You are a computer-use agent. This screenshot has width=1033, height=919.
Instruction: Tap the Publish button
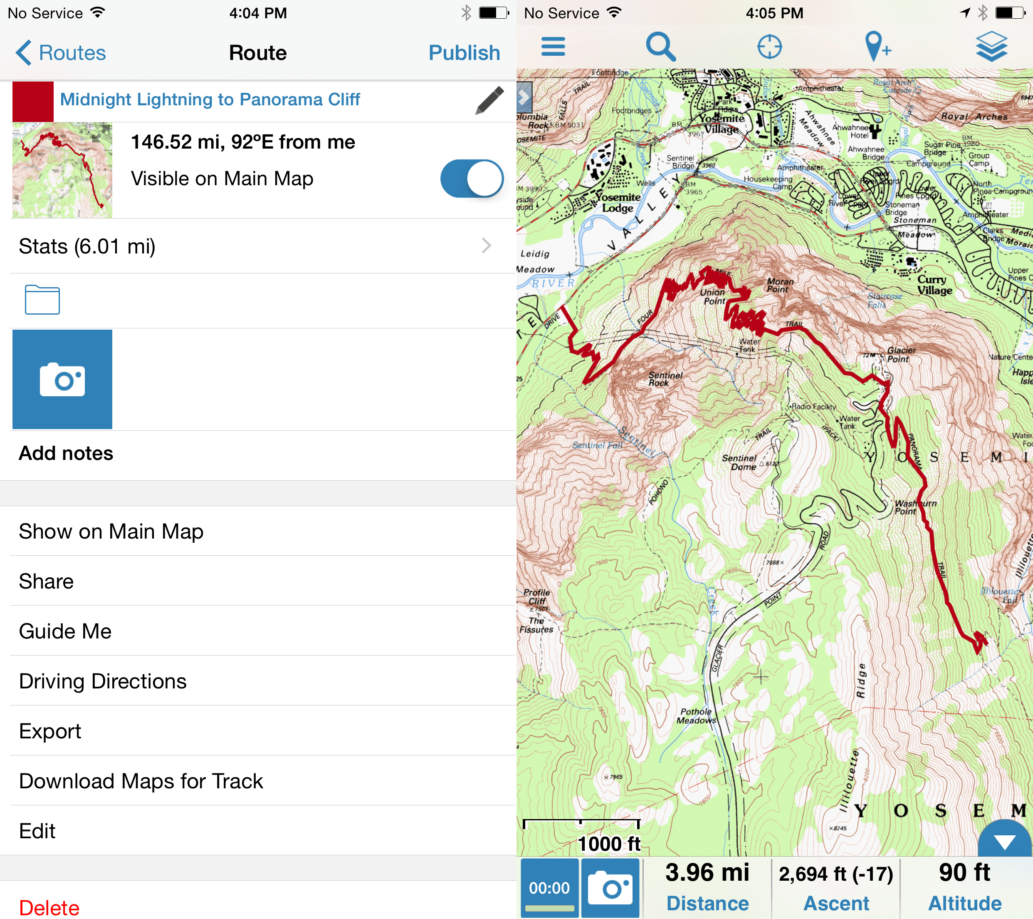pyautogui.click(x=464, y=52)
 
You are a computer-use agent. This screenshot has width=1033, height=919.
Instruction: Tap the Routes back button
pyautogui.click(x=61, y=52)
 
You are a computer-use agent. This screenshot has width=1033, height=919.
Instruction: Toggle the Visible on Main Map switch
pyautogui.click(x=471, y=179)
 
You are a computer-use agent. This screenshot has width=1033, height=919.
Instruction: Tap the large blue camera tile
pyautogui.click(x=62, y=379)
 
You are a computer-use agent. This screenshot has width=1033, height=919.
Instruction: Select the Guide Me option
pyautogui.click(x=65, y=631)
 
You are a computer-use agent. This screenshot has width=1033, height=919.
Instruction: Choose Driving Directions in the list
pyautogui.click(x=103, y=681)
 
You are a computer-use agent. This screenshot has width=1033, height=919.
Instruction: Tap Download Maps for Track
pyautogui.click(x=141, y=781)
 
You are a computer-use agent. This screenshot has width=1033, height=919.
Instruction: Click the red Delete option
pyautogui.click(x=49, y=907)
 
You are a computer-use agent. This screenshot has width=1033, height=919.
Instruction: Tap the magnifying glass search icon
pyautogui.click(x=660, y=47)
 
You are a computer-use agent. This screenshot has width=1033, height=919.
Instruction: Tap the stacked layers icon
pyautogui.click(x=991, y=47)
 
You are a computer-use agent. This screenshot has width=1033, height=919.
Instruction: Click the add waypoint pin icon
pyautogui.click(x=877, y=47)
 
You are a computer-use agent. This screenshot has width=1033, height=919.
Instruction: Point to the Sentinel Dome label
pyautogui.click(x=739, y=462)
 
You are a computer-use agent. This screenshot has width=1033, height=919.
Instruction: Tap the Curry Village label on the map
pyautogui.click(x=934, y=285)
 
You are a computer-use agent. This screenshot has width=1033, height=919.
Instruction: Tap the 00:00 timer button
pyautogui.click(x=549, y=888)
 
